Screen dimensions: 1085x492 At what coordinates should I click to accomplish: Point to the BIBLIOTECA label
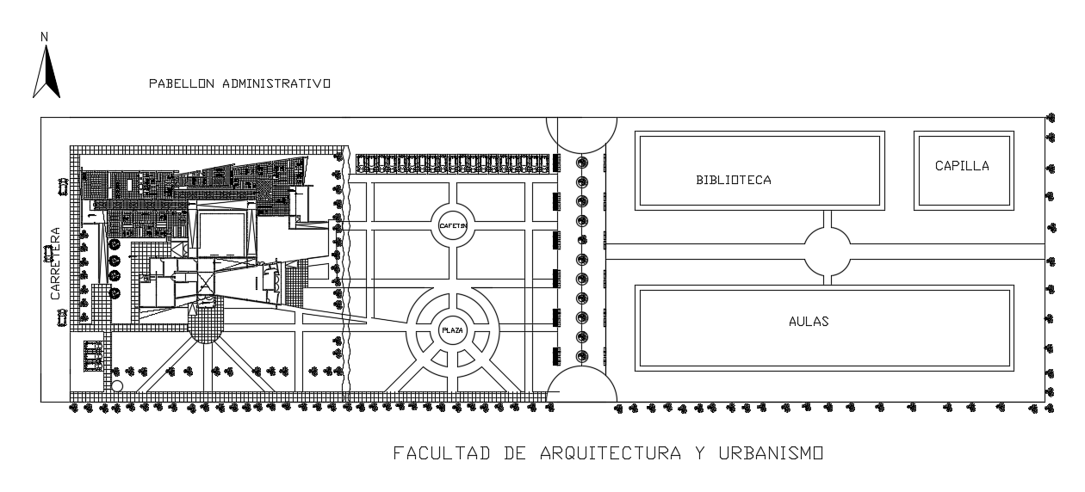734,181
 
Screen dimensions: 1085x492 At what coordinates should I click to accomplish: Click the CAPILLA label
962,167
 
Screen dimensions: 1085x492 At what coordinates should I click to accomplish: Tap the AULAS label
809,322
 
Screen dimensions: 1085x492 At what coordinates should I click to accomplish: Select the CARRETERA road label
54,263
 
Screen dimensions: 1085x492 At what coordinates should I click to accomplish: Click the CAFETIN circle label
453,226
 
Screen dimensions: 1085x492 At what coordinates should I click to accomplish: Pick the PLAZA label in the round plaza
453,329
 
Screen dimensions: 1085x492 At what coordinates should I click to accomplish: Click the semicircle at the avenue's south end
581,385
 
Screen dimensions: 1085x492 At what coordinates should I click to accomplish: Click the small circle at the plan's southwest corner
117,386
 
